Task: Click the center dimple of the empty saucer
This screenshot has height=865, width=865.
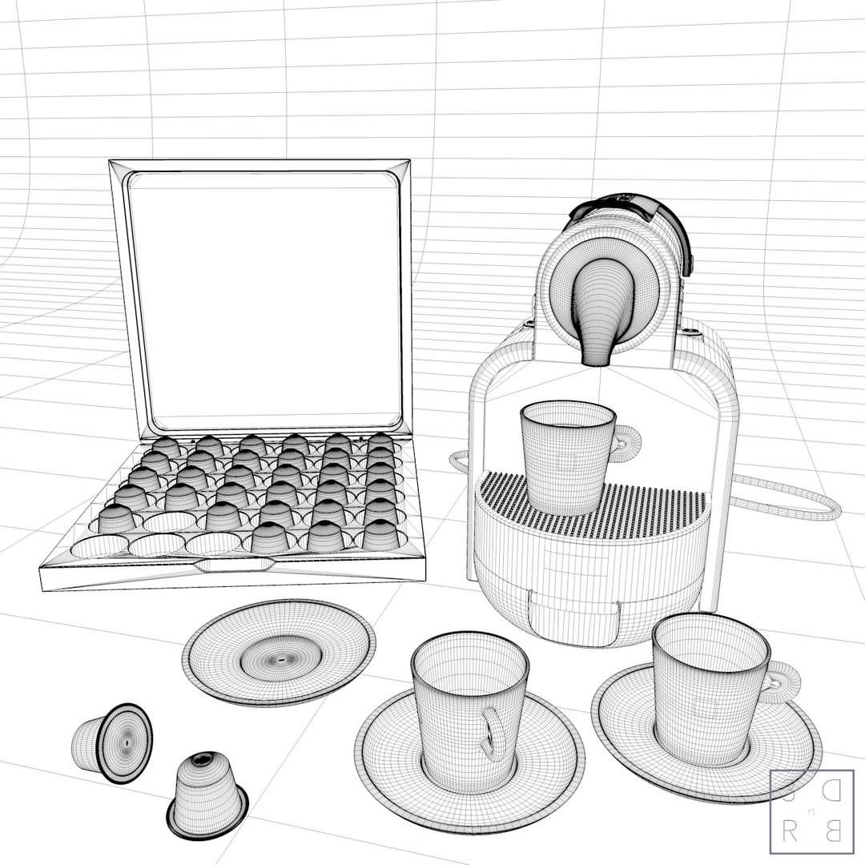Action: point(280,661)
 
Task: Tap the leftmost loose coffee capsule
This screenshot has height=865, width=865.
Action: point(112,740)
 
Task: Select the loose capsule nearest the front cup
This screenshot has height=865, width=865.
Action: point(207,793)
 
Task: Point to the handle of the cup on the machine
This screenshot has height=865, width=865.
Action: point(627,440)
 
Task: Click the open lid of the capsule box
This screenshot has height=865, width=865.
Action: point(264,296)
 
